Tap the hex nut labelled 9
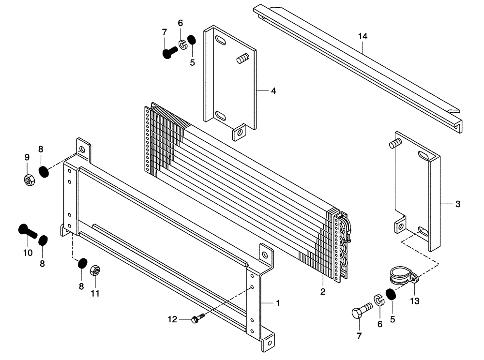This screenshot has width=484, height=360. (28, 180)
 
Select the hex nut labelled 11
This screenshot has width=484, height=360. (95, 270)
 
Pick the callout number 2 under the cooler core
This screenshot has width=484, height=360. (323, 292)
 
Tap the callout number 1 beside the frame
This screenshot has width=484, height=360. (278, 303)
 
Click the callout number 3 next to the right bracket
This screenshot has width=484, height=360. (458, 204)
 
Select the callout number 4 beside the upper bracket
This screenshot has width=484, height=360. (273, 90)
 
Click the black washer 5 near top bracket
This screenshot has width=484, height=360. (192, 39)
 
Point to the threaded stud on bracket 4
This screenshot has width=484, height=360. (242, 60)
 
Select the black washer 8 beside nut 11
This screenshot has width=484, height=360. (82, 263)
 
